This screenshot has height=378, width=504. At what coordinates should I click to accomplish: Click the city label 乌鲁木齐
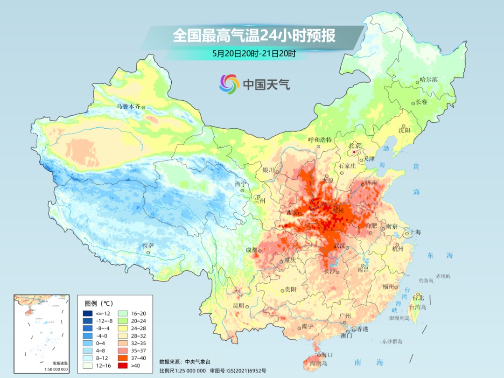tap(128, 106)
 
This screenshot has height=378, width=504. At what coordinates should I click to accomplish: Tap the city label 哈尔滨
tap(428, 80)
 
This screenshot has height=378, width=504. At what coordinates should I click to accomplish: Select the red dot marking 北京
tap(355, 152)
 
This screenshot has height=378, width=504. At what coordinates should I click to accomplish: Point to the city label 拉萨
tap(148, 245)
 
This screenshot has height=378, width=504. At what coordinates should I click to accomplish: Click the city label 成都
tap(252, 250)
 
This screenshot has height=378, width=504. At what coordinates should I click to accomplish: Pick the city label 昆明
tap(238, 305)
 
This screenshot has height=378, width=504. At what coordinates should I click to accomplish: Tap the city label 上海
tap(415, 232)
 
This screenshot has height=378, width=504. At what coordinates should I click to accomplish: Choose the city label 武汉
tap(339, 245)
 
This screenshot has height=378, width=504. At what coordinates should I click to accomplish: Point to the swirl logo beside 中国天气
tap(229, 84)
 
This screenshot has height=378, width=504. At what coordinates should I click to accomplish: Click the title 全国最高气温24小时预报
tap(254, 36)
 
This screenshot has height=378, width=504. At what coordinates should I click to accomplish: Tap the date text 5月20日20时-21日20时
tap(254, 54)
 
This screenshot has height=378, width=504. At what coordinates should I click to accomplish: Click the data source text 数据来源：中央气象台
tap(185, 361)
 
